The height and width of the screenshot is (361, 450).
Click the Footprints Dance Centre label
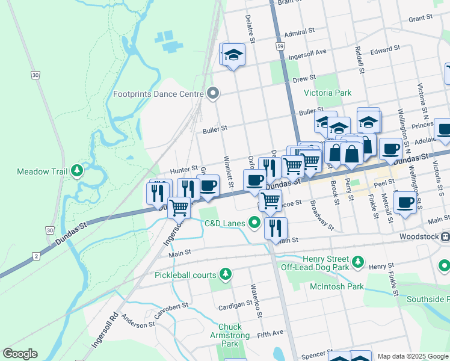pyautogui.click(x=159, y=94)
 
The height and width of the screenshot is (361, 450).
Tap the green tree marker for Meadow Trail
pyautogui.click(x=76, y=171)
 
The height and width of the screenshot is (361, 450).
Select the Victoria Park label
pyautogui.click(x=327, y=93)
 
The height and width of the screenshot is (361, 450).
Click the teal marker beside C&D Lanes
pyautogui.click(x=254, y=223)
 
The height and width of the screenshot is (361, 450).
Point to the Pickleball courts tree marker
pyautogui.click(x=226, y=275)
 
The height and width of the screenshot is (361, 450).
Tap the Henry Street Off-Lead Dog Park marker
pyautogui.click(x=358, y=262)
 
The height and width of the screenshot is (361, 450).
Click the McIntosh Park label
pyautogui.click(x=336, y=286)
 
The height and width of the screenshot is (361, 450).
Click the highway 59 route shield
pyautogui.click(x=280, y=46)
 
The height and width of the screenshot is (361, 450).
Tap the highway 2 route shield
pyautogui.click(x=36, y=257)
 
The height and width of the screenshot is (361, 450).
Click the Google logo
pyautogui.click(x=20, y=354)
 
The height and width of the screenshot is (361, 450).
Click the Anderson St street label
pyautogui.click(x=138, y=321)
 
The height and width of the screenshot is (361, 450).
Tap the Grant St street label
pyautogui.click(x=421, y=19)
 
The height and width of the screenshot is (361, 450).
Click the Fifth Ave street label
pyautogui.click(x=270, y=333)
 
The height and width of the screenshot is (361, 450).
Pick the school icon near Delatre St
pyautogui.click(x=233, y=55)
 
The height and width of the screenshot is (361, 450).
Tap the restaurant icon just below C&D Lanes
pyautogui.click(x=276, y=228)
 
